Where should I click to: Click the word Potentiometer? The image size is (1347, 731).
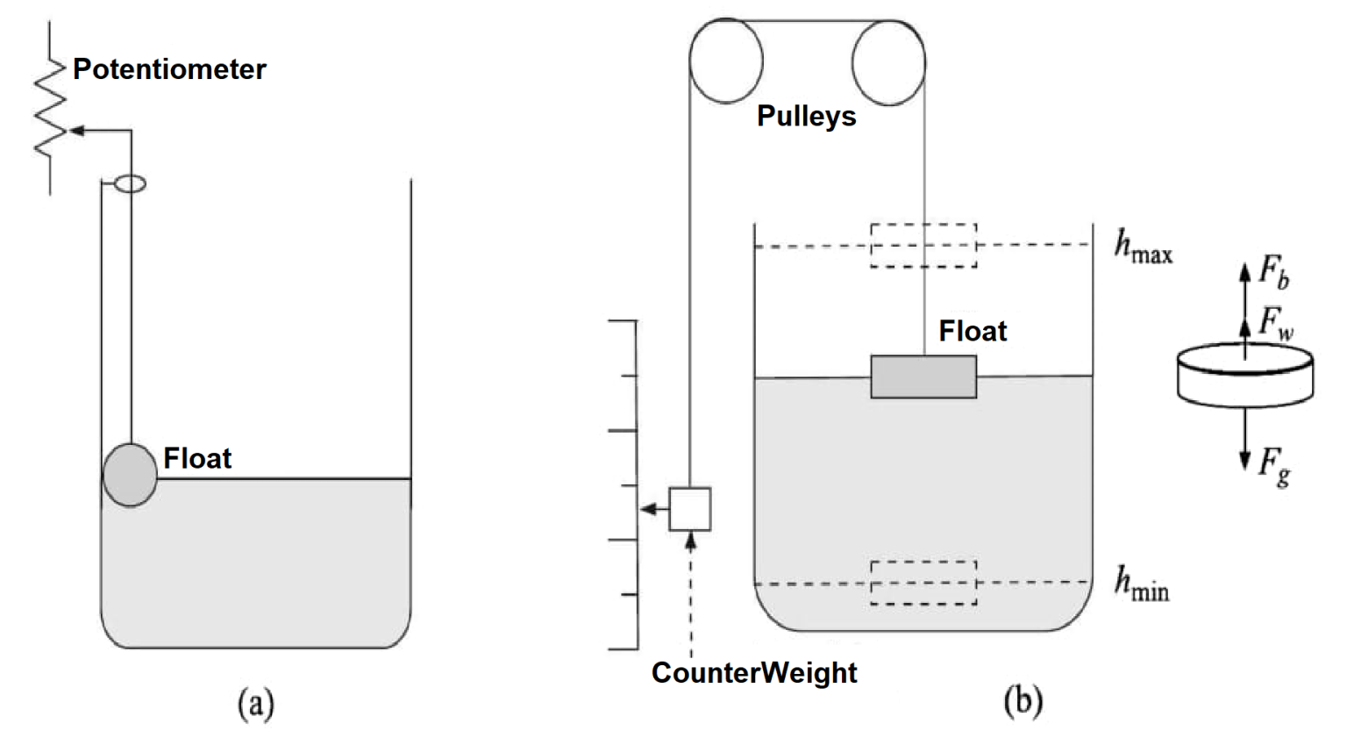click(169, 69)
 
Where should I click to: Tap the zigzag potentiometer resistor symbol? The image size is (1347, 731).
click(50, 110)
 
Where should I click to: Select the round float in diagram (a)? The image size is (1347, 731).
click(130, 475)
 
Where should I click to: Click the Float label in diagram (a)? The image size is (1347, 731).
click(197, 458)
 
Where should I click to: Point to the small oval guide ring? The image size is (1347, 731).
click(131, 183)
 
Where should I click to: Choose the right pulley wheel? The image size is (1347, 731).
click(887, 62)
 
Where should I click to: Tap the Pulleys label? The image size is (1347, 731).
click(806, 116)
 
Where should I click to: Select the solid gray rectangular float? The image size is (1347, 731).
click(923, 376)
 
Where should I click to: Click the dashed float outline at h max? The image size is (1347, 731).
click(923, 245)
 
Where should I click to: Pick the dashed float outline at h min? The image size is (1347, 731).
click(923, 583)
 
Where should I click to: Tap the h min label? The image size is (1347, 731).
click(1141, 583)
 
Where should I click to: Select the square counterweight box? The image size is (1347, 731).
click(690, 509)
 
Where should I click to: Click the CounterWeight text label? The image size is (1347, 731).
click(754, 672)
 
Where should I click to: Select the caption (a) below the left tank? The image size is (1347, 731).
click(256, 703)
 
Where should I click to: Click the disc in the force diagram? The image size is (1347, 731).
click(1244, 376)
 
